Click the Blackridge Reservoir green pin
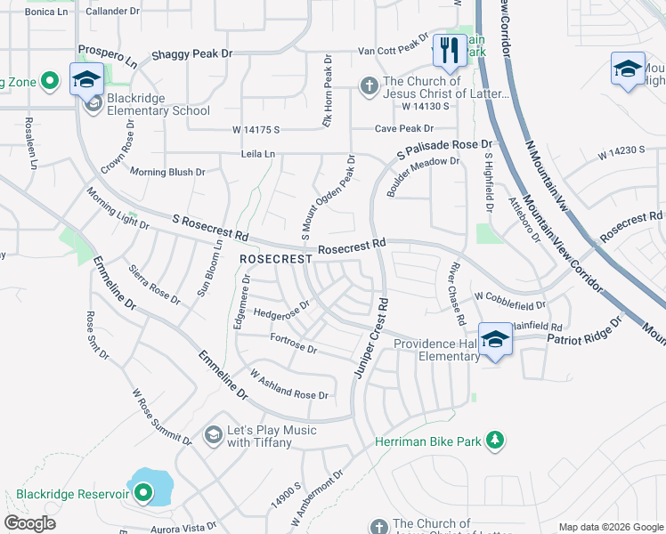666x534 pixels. coord(142,493)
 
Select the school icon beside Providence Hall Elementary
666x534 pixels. coord(495,339)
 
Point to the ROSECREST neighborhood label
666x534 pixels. coord(276,259)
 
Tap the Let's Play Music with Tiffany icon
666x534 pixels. coord(213,433)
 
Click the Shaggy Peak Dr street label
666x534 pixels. coord(191,54)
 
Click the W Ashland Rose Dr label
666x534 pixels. coord(288,385)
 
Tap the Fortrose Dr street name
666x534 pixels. coord(293,344)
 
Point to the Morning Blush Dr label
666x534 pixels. coord(167,172)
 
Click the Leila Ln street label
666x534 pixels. coord(258,154)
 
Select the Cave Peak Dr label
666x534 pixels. coord(408,129)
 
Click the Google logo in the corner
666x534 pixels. coord(29,523)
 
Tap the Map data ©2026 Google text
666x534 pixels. coord(609,527)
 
